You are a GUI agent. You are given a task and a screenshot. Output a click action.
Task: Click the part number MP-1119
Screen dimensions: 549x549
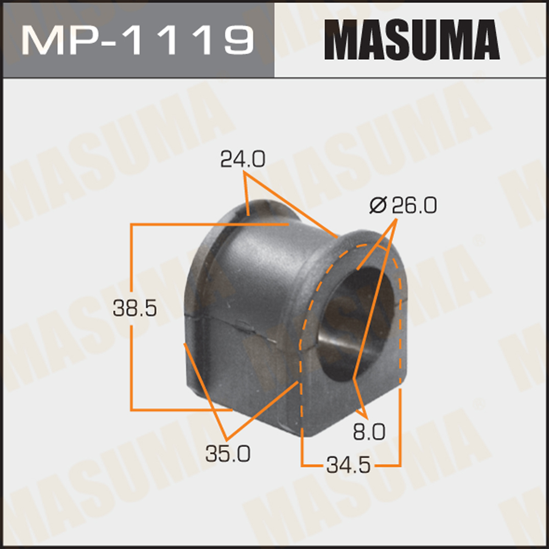pos(137,39)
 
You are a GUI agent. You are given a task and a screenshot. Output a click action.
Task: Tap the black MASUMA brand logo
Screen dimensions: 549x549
pos(411,39)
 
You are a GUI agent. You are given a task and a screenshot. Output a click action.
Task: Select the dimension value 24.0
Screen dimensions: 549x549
pos(242,160)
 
